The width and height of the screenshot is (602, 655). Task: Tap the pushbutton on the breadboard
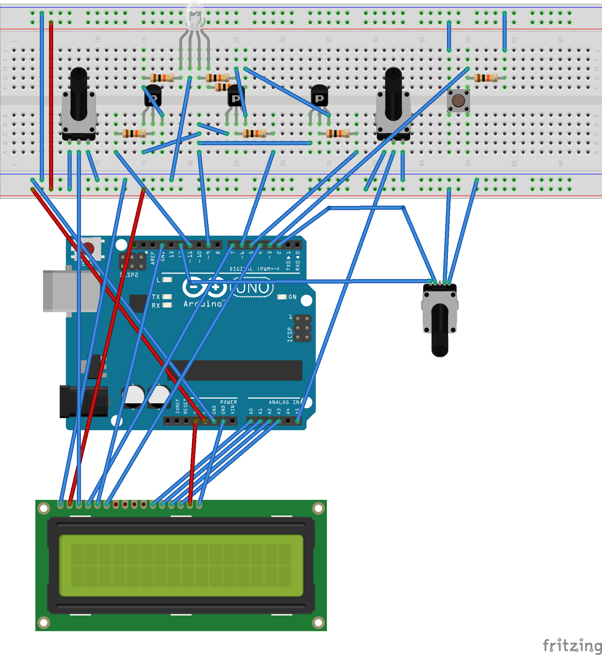pyautogui.click(x=458, y=101)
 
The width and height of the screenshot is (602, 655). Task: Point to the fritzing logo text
pyautogui.click(x=571, y=645)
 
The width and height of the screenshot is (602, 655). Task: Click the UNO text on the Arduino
pyautogui.click(x=253, y=288)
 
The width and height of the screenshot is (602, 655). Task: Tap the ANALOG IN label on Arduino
pyautogui.click(x=284, y=402)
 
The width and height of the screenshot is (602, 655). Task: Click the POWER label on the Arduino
pyautogui.click(x=228, y=402)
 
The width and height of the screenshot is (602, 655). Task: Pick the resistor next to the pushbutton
pyautogui.click(x=486, y=78)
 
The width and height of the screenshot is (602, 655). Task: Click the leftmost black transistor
pyautogui.click(x=153, y=96)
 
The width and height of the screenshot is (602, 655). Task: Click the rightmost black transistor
pyautogui.click(x=319, y=96)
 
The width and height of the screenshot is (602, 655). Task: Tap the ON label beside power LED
pyautogui.click(x=292, y=297)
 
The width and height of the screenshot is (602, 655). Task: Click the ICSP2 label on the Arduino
pyautogui.click(x=129, y=275)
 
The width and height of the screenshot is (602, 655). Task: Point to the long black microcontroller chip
pyautogui.click(x=235, y=370)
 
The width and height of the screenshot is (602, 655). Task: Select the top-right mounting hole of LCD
pyautogui.click(x=318, y=508)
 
